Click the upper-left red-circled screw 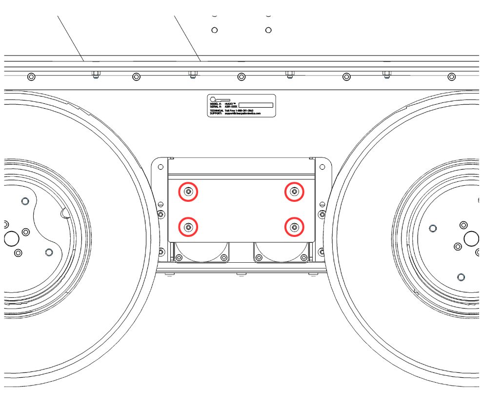pyautogui.click(x=189, y=193)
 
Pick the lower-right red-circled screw pyautogui.click(x=294, y=227)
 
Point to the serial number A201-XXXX pyautogui.click(x=230, y=107)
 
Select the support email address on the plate pyautogui.click(x=243, y=114)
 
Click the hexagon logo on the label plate pyautogui.click(x=212, y=98)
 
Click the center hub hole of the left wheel pyautogui.click(x=11, y=239)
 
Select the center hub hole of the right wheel pyautogui.click(x=471, y=238)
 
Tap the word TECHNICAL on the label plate pyautogui.click(x=216, y=111)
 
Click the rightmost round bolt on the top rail pyautogui.click(x=452, y=77)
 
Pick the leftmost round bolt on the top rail pyautogui.click(x=31, y=77)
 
